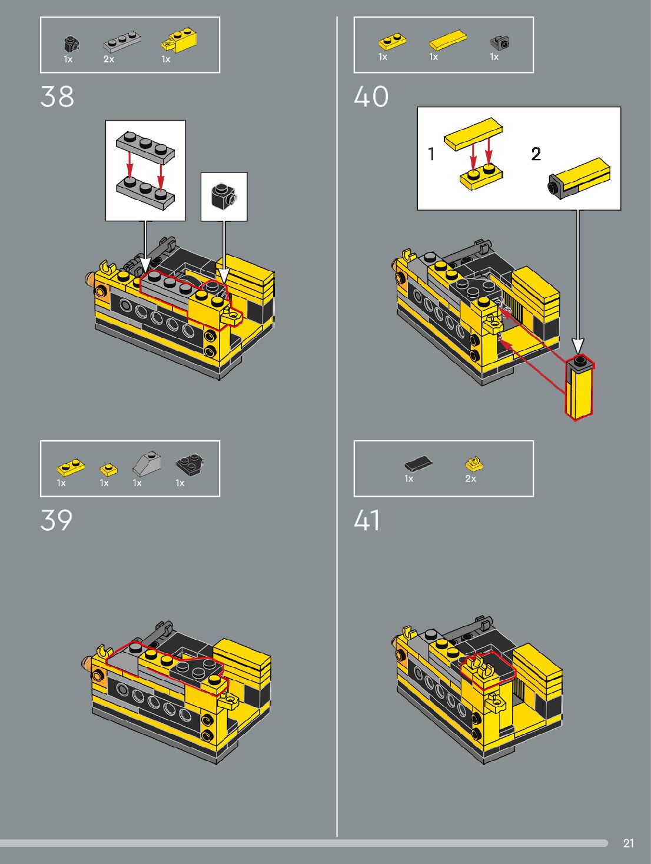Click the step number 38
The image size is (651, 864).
[x=57, y=97]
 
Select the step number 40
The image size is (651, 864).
[x=371, y=97]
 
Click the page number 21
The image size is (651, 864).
[x=628, y=843]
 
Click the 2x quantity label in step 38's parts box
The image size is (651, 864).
[x=109, y=59]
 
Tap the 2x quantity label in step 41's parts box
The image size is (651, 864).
[x=470, y=478]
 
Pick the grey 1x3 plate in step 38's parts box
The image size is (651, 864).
[x=122, y=42]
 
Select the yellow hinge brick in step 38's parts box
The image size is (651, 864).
[x=179, y=41]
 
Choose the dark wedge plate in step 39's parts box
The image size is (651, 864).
[x=190, y=464]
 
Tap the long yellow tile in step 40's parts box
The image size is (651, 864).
[x=447, y=40]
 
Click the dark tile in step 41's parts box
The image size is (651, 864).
[x=418, y=464]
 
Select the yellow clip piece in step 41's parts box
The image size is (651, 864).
[x=474, y=464]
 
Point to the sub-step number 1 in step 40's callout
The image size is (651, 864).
[x=432, y=154]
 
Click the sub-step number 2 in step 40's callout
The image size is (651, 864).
[x=536, y=154]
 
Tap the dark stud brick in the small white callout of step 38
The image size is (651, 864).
[x=223, y=195]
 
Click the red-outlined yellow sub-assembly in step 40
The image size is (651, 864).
[x=580, y=387]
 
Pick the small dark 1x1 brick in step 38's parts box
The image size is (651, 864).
[x=72, y=44]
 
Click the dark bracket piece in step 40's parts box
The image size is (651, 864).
[x=500, y=42]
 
